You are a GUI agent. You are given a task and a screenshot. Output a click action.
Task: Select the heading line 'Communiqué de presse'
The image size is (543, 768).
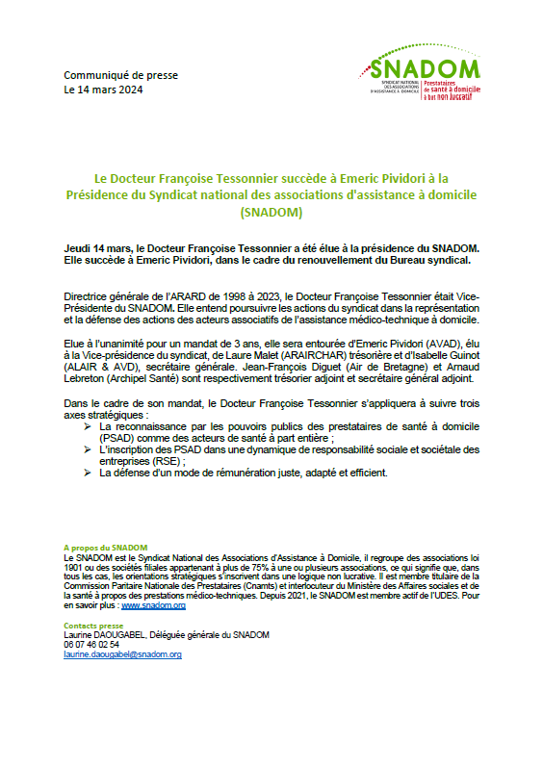coord(120,75)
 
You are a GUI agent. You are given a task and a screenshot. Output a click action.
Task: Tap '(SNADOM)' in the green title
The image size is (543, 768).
coord(271,211)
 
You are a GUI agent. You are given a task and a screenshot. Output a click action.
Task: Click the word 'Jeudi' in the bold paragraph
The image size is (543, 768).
coord(79,247)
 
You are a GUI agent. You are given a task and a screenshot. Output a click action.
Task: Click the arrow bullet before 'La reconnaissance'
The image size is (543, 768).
coord(88,425)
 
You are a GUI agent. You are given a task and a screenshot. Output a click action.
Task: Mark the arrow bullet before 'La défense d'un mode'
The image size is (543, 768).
coord(88,473)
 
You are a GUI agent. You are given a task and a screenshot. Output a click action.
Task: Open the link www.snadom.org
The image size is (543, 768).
coord(153,605)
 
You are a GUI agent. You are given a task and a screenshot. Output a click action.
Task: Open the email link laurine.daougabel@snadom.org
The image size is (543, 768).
coord(122,654)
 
